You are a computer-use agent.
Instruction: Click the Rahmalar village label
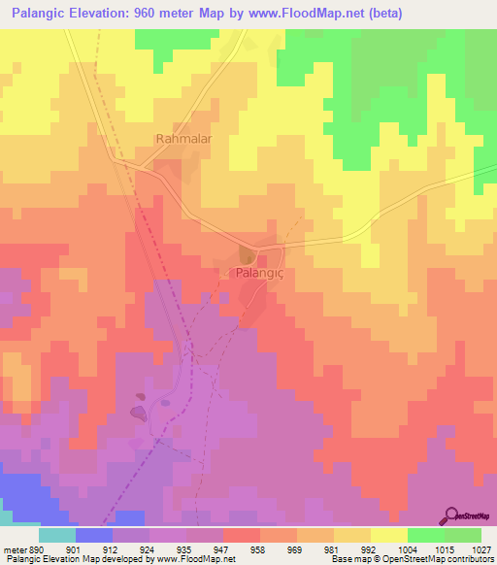[183, 140]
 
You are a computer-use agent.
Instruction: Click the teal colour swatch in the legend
[57, 535]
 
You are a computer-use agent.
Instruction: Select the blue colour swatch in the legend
[94, 535]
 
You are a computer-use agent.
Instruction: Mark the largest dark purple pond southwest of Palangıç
[140, 414]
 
